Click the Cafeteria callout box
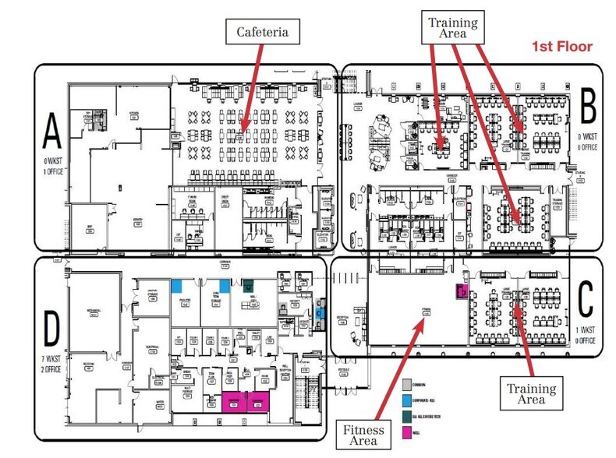264,32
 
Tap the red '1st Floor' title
562,47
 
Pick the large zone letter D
51,331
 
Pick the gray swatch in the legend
406,385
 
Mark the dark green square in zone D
248,284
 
